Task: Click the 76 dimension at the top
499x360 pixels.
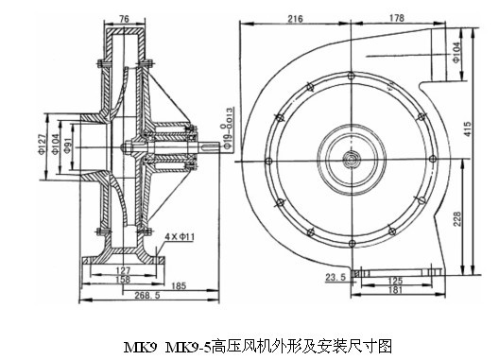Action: point(124,19)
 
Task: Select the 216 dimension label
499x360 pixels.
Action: point(295,19)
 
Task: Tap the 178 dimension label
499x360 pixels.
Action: point(397,18)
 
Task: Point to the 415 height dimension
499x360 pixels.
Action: point(468,129)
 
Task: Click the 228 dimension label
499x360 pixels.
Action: point(457,218)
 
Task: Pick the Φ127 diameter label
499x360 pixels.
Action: point(43,144)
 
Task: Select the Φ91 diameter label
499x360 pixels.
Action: point(68,147)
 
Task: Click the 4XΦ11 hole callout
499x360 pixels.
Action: point(180,236)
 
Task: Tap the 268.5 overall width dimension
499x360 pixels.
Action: point(147,295)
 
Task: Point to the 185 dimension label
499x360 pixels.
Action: point(179,286)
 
